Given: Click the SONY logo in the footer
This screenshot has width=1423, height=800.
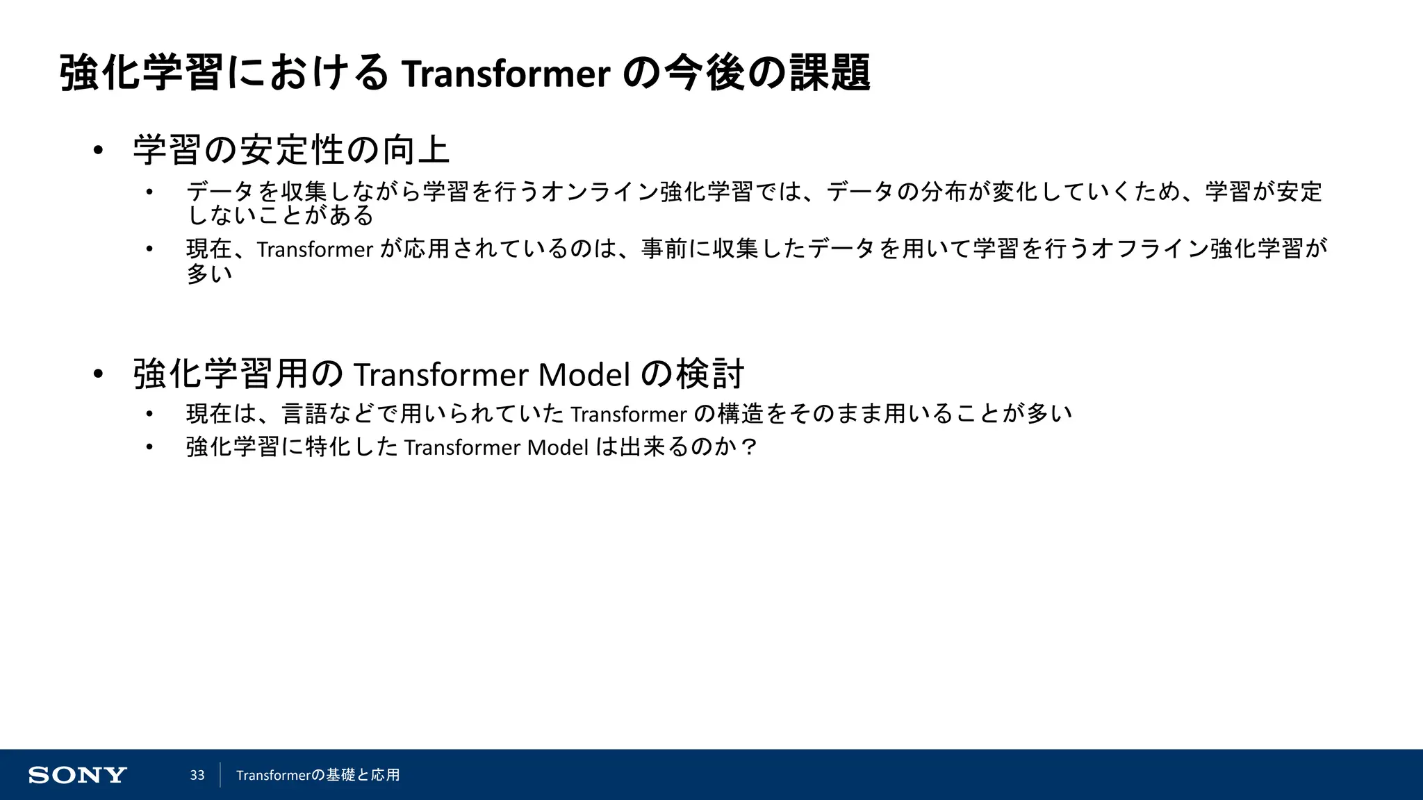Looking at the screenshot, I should point(77,775).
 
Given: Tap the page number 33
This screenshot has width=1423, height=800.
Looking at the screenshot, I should point(197,775).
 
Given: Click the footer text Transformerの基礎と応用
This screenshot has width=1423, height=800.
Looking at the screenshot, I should point(318,775).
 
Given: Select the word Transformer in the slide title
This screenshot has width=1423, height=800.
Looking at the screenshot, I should point(506,74).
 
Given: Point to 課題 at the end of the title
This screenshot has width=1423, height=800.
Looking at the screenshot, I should point(830,74).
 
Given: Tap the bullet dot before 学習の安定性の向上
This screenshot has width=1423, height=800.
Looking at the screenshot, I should point(98,150).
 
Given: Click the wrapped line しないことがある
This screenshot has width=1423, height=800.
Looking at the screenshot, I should point(280,216).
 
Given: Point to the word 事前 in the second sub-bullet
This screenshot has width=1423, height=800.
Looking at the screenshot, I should point(664,249).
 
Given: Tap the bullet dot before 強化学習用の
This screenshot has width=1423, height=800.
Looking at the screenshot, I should point(98,374).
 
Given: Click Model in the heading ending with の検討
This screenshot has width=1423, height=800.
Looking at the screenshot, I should point(584,374).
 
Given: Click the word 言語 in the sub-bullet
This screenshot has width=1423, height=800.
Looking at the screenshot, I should point(304,414).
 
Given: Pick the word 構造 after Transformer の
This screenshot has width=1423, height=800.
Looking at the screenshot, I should point(740,414).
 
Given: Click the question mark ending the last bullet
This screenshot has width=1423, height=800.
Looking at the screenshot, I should point(749,447).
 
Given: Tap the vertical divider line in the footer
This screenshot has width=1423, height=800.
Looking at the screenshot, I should point(220,775).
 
